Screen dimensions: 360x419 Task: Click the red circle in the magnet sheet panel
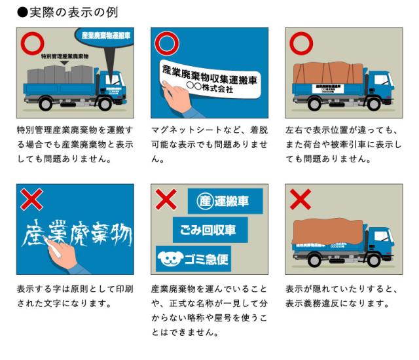[168, 45]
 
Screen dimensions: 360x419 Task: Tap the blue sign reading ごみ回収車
[210, 230]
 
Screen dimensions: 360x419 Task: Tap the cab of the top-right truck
[380, 82]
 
